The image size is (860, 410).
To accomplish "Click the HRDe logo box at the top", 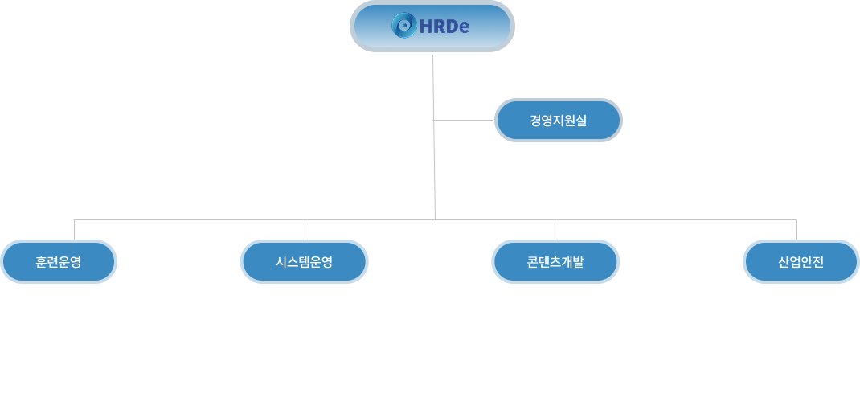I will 432,27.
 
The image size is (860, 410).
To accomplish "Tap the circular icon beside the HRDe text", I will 403,27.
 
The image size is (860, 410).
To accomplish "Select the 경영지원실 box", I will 558,121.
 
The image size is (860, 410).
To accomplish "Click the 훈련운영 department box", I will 59,261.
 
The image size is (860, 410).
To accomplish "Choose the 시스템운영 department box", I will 304,261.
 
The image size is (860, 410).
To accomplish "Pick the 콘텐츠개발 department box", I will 555,261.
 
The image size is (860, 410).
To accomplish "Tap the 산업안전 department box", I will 801,261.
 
